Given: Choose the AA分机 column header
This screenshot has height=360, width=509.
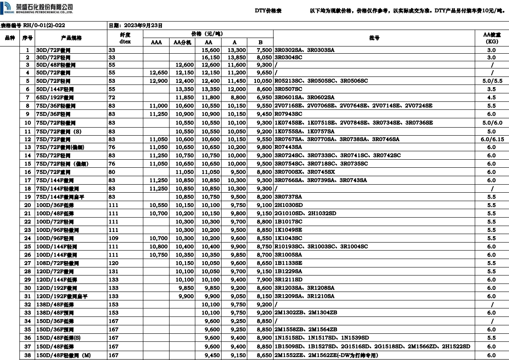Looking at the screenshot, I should click(183, 42).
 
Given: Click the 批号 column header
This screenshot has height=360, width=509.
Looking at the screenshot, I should click(374, 38).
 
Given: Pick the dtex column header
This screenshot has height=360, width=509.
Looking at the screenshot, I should click(125, 42).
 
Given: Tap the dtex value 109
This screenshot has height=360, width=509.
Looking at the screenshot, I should click(113, 238).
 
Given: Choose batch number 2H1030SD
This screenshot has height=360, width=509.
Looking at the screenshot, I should click(289, 205).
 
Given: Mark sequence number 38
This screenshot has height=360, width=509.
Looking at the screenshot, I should click(27, 355).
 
